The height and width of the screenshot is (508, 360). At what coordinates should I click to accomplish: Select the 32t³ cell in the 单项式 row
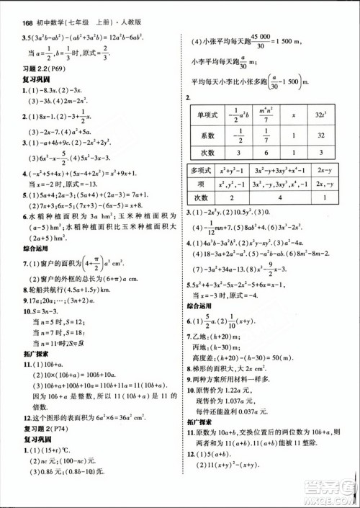[x=320, y=116]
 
